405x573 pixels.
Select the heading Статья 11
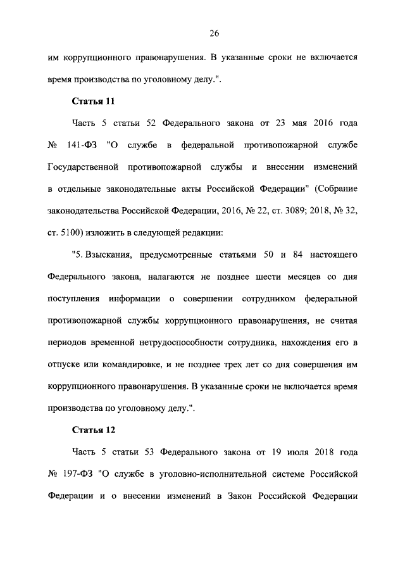click(x=93, y=101)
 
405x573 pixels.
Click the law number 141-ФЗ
click(x=81, y=145)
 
